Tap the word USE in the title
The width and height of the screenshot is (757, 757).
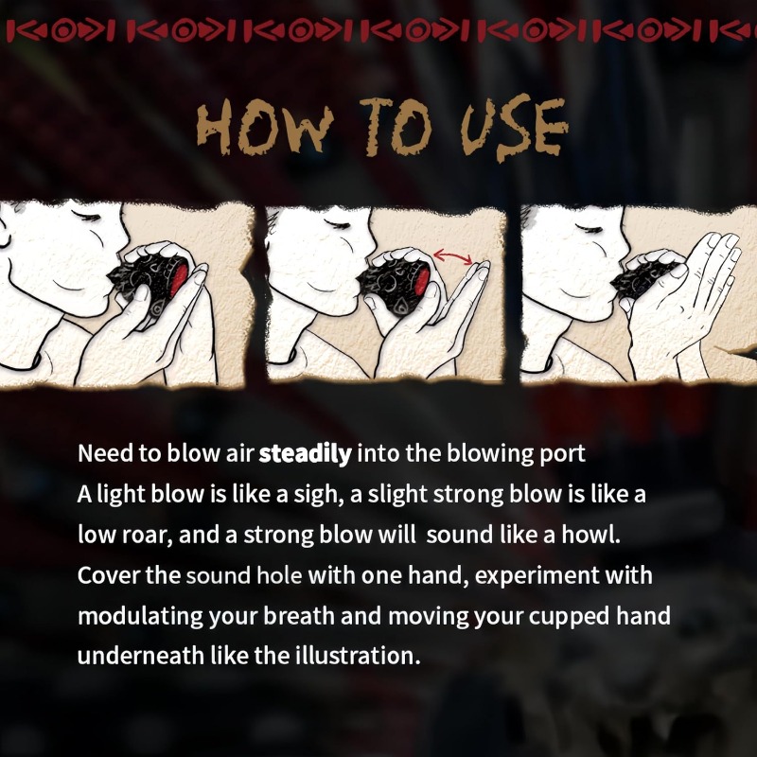pyautogui.click(x=514, y=128)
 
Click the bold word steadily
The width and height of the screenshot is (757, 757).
pyautogui.click(x=305, y=454)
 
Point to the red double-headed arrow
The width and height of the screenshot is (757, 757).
pyautogui.click(x=452, y=256)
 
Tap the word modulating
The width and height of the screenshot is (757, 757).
pyautogui.click(x=140, y=617)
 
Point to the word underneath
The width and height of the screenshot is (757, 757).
pyautogui.click(x=140, y=656)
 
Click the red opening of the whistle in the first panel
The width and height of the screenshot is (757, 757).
pyautogui.click(x=179, y=279)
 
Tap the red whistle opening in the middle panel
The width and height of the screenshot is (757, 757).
pyautogui.click(x=423, y=281)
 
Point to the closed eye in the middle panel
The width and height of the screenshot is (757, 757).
pyautogui.click(x=339, y=223)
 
